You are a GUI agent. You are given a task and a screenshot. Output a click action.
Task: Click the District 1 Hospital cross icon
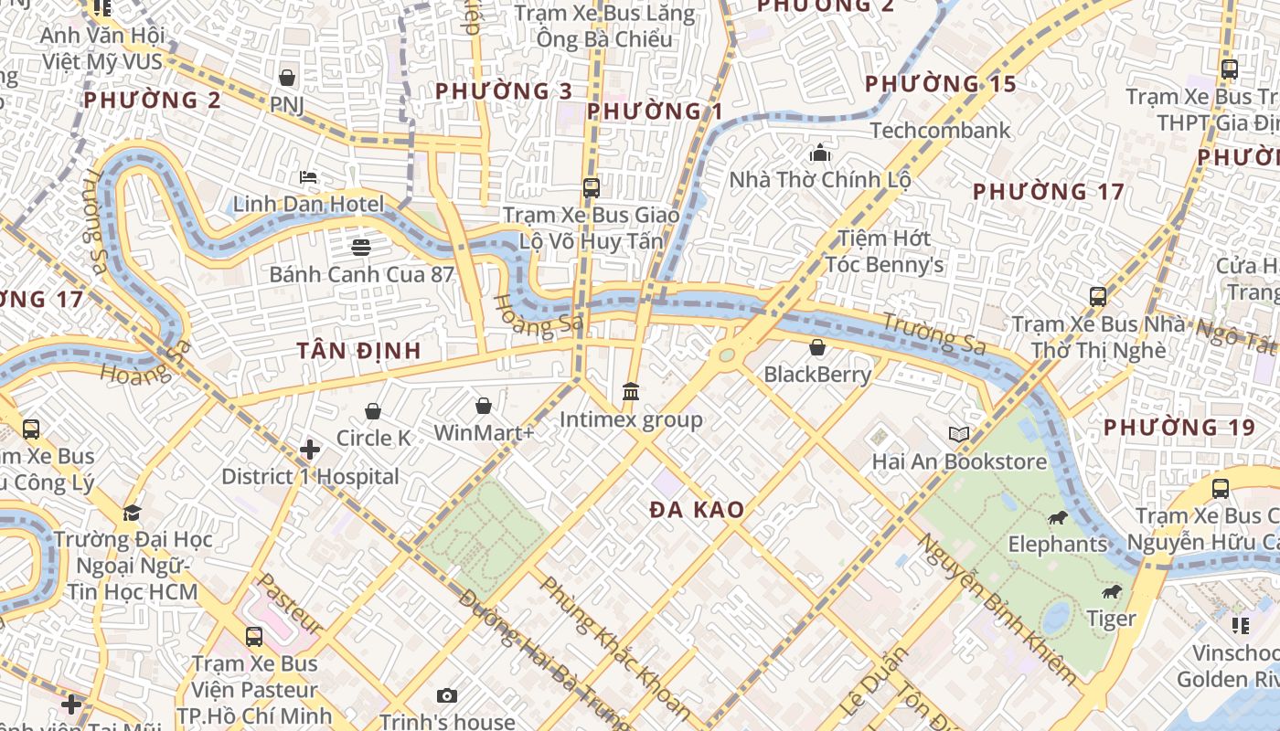coord(310,450)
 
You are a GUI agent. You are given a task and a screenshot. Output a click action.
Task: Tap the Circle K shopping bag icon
coord(372,412)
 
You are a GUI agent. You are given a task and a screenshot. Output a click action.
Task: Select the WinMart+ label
coord(484,433)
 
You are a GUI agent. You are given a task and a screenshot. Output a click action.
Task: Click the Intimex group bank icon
coord(631,392)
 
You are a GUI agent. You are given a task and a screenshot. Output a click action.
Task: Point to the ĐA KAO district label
coord(697,511)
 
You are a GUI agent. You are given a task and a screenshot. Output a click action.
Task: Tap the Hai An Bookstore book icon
coord(958,435)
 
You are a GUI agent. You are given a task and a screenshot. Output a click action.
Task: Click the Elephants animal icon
coord(1058,519)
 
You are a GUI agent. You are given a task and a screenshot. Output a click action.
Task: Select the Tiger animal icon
coord(1112,593)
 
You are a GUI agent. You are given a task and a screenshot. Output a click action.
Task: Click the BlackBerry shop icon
coord(817,348)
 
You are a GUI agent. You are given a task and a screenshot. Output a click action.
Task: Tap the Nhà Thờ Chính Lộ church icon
coord(820,153)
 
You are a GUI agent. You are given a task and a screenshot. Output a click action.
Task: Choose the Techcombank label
coord(941,131)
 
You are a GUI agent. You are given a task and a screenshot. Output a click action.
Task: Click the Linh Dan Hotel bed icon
coord(308,177)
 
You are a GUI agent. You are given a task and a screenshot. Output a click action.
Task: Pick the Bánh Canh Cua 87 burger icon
coord(361,247)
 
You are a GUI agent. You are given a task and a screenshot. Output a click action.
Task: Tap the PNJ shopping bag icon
coord(287,79)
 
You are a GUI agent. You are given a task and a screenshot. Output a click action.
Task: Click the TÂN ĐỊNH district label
coord(359,351)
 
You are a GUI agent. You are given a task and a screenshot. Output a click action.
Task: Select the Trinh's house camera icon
coord(447,696)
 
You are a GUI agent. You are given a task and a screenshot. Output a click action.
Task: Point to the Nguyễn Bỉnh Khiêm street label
coord(997,608)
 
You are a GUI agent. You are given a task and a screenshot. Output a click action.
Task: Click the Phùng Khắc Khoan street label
coord(613,644)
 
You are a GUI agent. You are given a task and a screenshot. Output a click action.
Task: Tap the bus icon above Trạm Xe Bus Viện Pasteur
coord(253,637)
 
